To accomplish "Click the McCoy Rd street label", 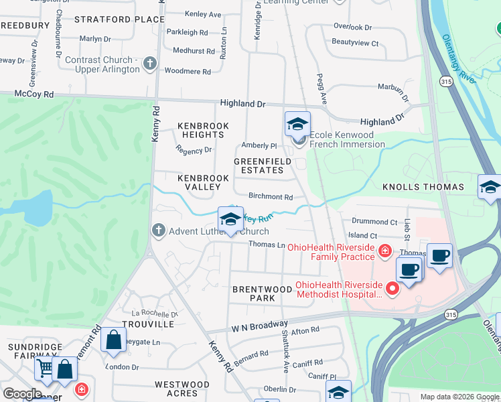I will pos(33,94).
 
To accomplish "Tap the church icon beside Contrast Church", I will pos(149,65).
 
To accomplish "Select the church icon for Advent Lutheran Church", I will pos(158,231).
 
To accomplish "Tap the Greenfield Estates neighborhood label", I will pos(263,166).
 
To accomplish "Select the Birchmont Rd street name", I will pos(271,197).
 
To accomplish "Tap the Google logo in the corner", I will pos(21,394).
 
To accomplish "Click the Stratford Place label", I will pos(119,19).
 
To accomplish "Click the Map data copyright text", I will pos(459,397).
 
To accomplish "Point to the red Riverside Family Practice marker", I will pos(384,251).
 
